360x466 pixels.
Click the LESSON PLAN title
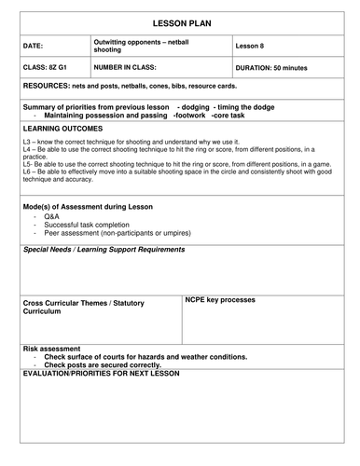pyautogui.click(x=180, y=20)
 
